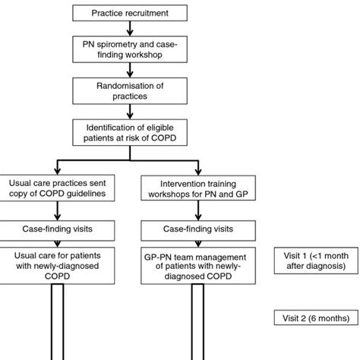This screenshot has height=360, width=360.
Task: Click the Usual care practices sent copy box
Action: click(61, 187)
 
